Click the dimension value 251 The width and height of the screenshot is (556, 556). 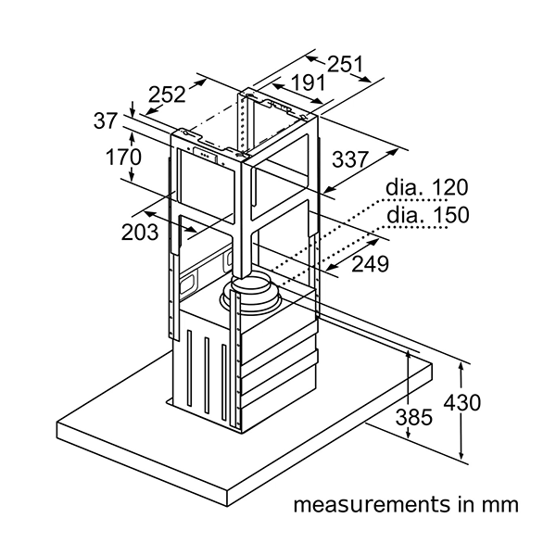point(345,64)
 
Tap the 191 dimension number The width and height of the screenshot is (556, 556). point(308,82)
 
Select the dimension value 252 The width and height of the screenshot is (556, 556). point(167,95)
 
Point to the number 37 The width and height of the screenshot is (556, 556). point(106,120)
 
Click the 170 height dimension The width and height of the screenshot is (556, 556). point(124,157)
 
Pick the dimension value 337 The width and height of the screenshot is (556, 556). point(350,159)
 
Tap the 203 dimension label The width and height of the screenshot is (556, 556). point(140,233)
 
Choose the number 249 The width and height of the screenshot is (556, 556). point(370,264)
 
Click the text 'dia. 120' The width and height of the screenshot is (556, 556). point(427,187)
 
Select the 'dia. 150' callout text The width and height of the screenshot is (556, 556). point(427,215)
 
